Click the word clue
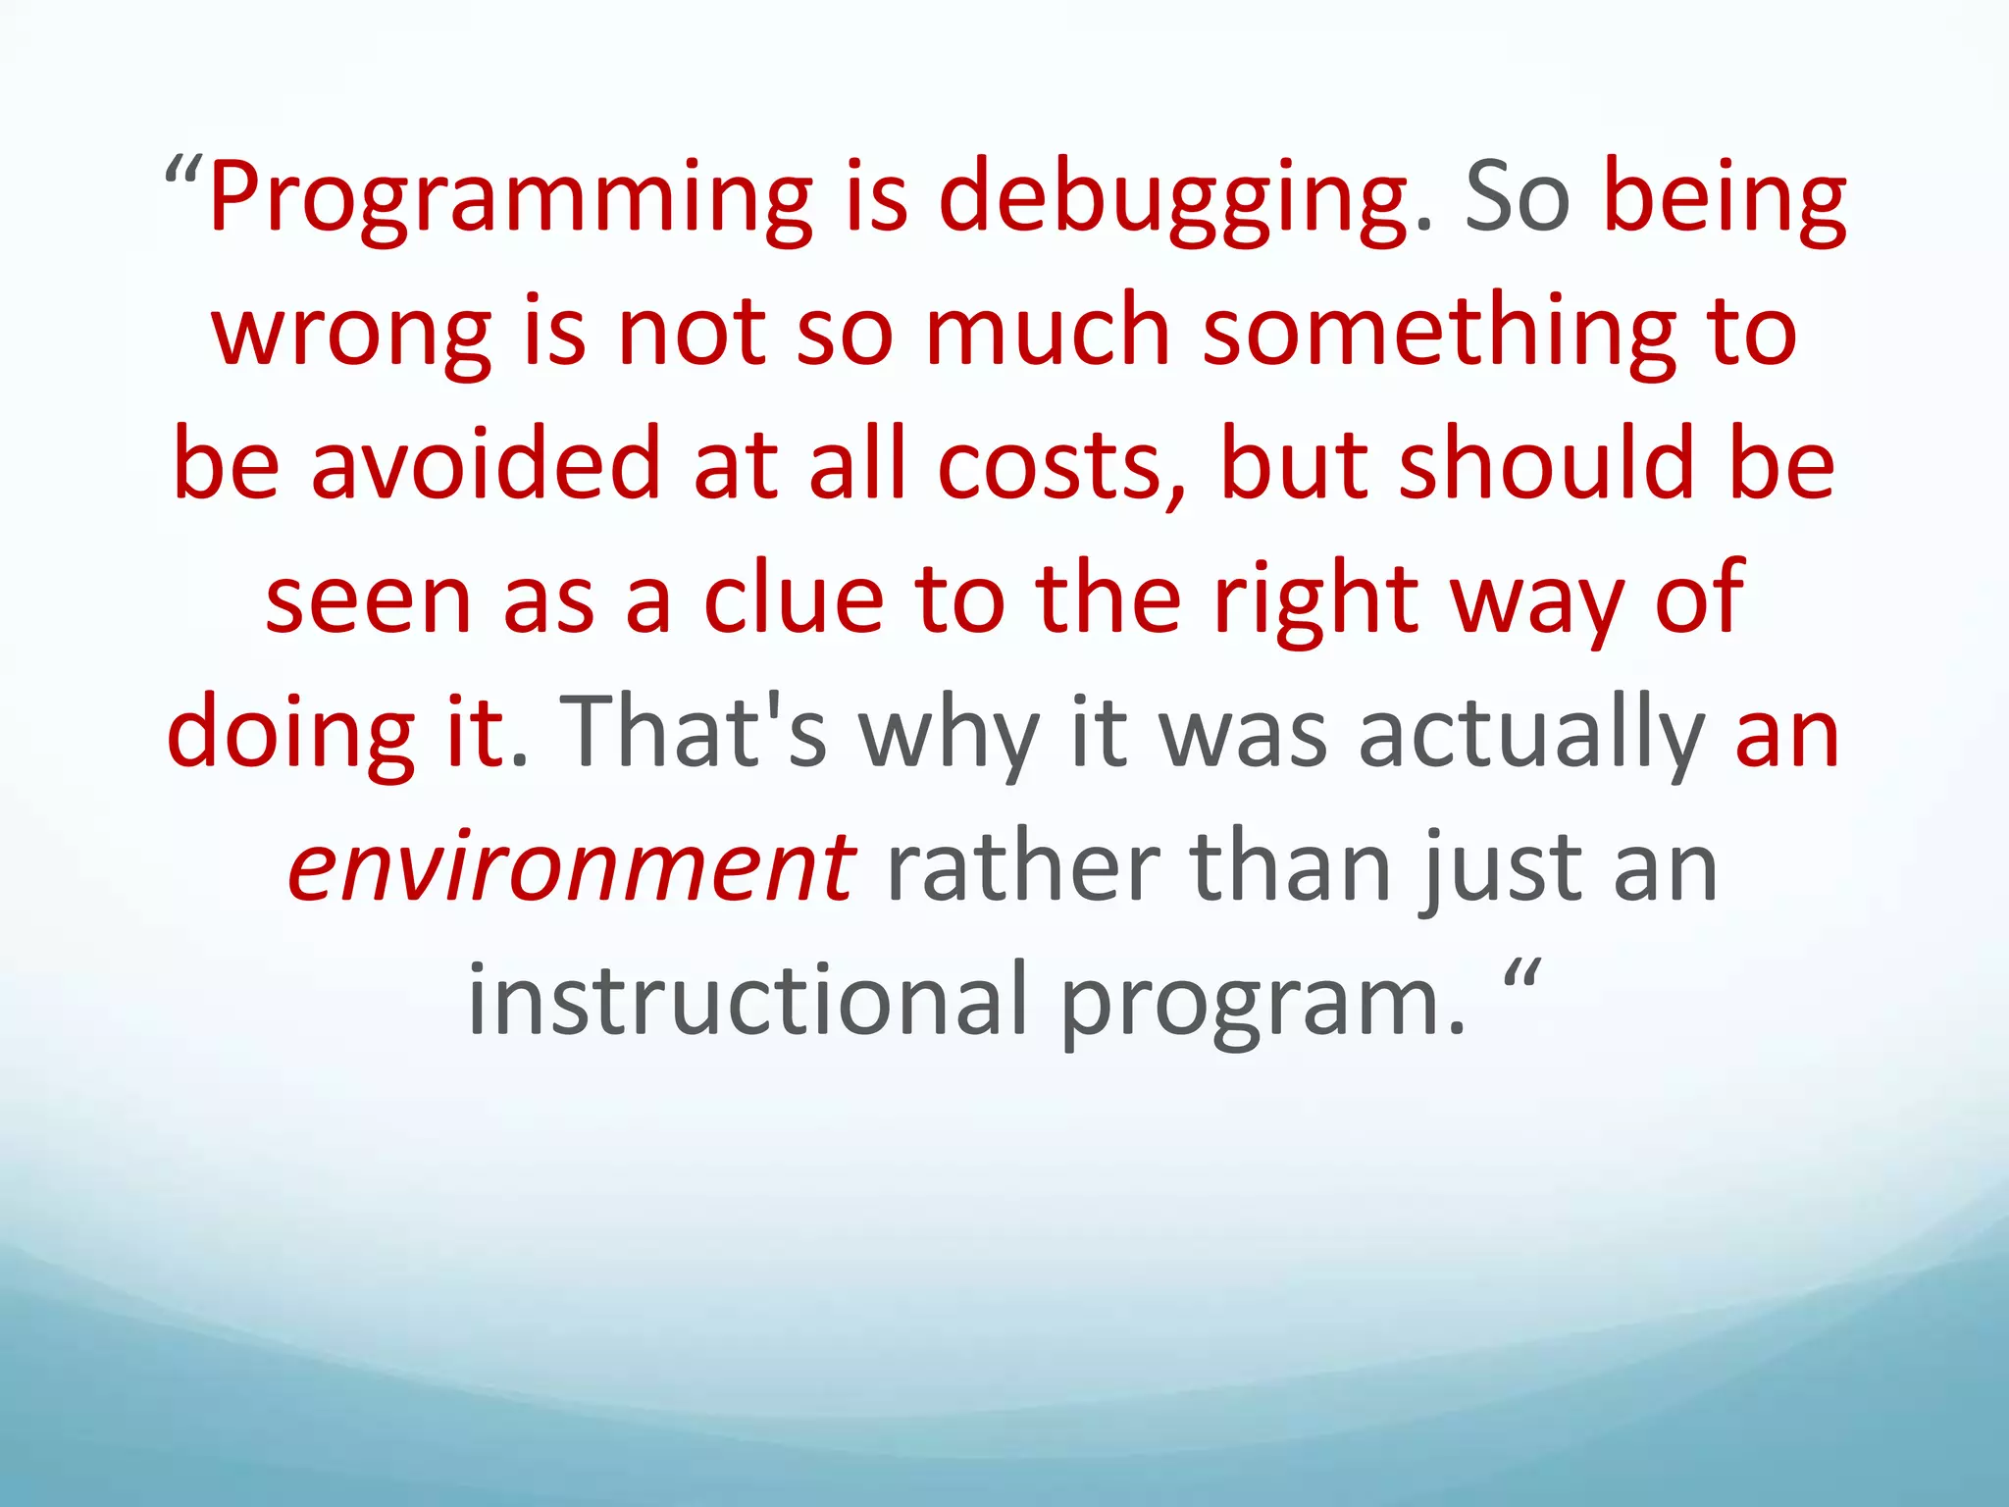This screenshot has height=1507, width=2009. [794, 598]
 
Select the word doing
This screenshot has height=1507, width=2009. [290, 734]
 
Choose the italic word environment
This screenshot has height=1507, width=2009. [571, 867]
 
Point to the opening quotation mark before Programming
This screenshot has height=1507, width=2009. [183, 175]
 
